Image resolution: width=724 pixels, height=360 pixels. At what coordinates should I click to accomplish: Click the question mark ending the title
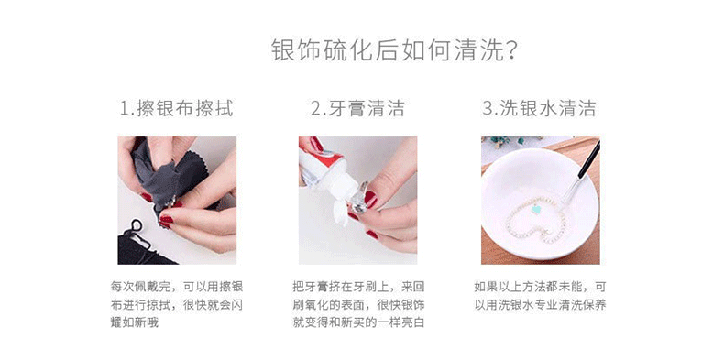click(x=512, y=50)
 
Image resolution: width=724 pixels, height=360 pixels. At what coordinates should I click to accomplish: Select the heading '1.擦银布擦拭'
click(x=176, y=109)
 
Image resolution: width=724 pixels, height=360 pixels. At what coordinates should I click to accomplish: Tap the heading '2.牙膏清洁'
click(x=357, y=109)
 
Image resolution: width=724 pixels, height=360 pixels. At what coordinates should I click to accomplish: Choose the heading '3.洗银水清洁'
click(x=539, y=109)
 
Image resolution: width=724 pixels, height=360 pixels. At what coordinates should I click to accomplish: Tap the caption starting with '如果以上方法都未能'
click(x=539, y=295)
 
